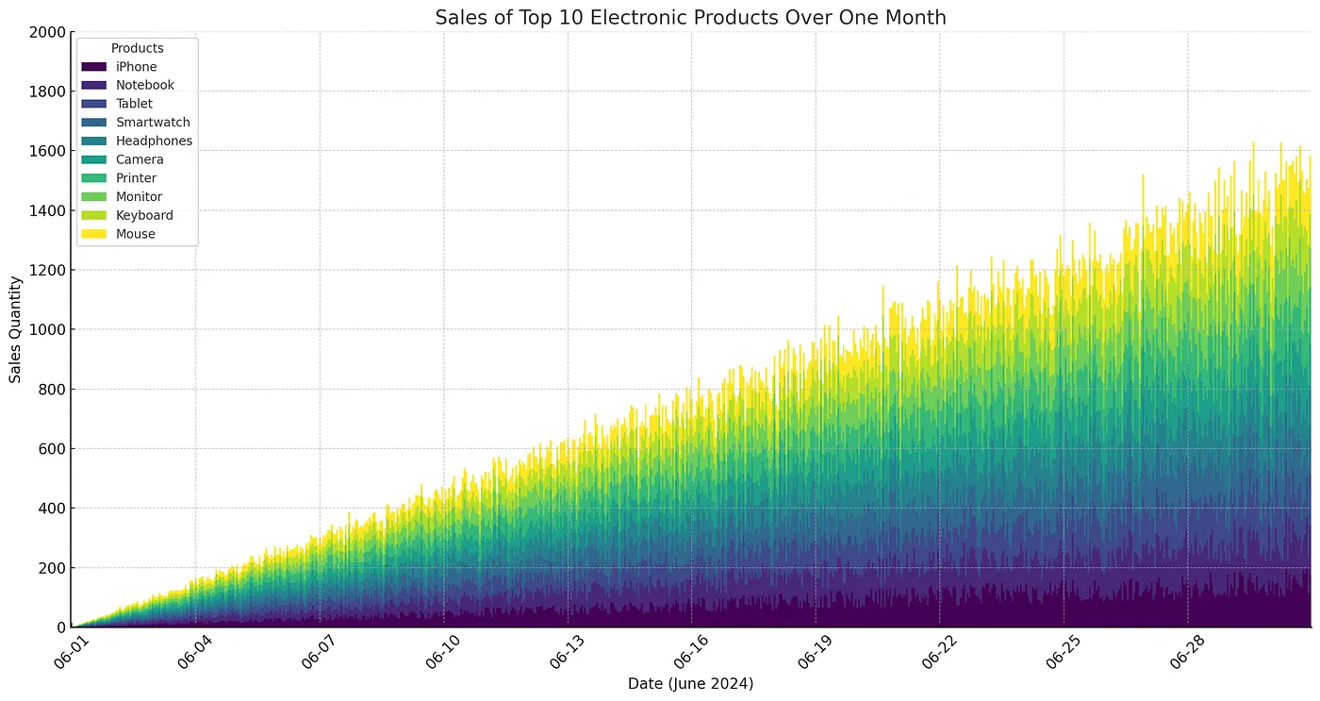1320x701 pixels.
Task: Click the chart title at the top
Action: [x=690, y=18]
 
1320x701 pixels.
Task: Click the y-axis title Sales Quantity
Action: [x=15, y=329]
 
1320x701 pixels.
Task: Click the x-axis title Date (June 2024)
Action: [x=690, y=683]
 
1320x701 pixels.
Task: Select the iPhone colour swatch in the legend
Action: [x=93, y=67]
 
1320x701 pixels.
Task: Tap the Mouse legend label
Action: [x=136, y=234]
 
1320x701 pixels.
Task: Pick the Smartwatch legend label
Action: [x=153, y=122]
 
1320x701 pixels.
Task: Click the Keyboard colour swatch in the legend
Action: [x=93, y=215]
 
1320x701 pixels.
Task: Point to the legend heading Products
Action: [x=138, y=48]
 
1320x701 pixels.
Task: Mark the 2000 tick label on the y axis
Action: [x=47, y=32]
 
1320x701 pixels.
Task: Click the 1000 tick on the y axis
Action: [x=47, y=329]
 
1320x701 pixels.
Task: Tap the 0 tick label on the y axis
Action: [x=61, y=627]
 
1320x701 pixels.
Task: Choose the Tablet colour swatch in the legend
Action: [x=93, y=104]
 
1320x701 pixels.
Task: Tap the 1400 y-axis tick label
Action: [x=47, y=210]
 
